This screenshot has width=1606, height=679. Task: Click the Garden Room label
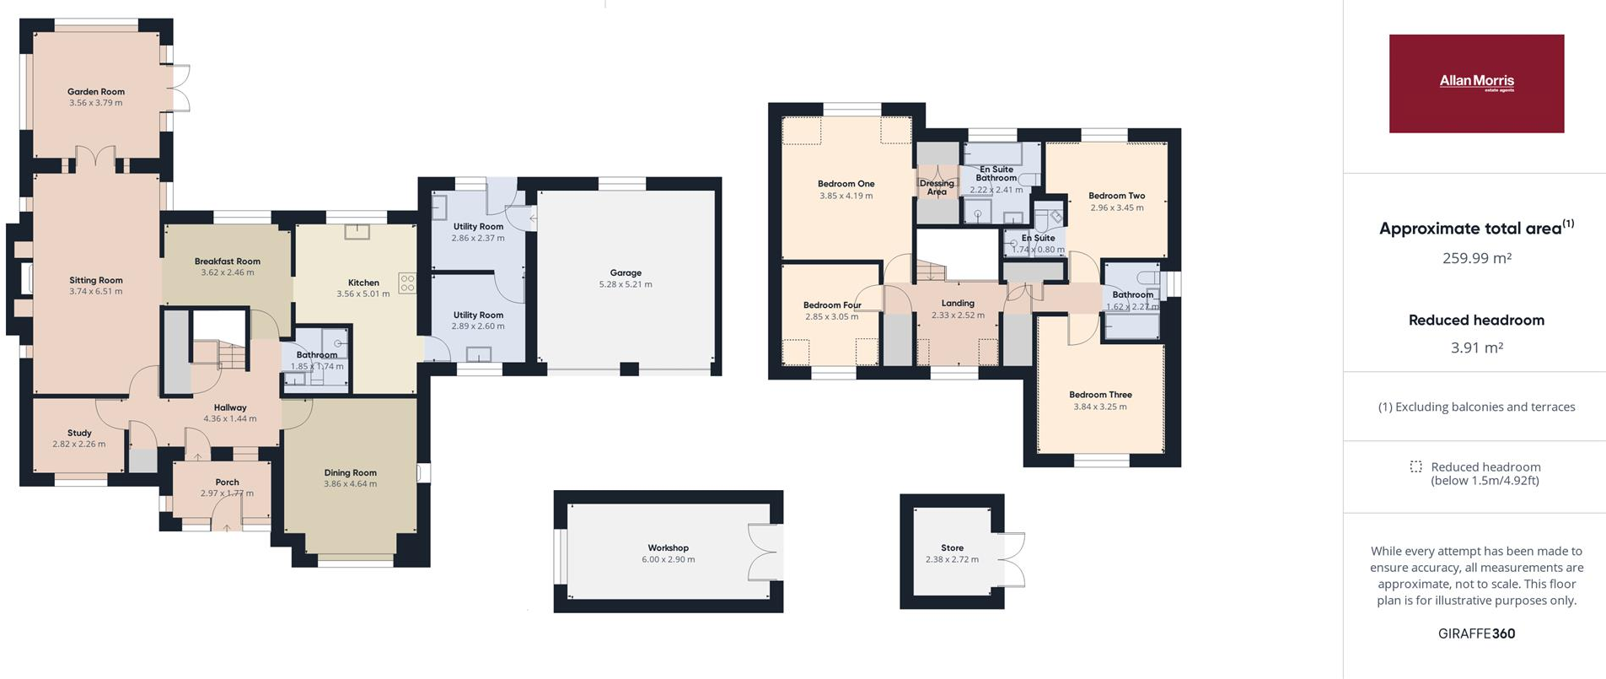[96, 92]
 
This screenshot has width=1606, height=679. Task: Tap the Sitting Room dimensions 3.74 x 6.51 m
[96, 292]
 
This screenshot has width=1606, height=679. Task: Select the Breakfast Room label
[228, 261]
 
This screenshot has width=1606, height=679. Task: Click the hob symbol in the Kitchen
[407, 283]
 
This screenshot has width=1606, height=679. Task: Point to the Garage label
[626, 273]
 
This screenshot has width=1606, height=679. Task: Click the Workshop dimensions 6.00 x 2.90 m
[669, 559]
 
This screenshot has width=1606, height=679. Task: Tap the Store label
[952, 548]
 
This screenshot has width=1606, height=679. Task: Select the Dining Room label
[351, 473]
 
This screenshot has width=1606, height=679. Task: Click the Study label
[79, 433]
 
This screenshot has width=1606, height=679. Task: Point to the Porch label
[227, 482]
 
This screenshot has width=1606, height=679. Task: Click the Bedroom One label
[846, 184]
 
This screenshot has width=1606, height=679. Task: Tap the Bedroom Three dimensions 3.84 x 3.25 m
[1100, 407]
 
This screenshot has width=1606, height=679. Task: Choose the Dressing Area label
[937, 187]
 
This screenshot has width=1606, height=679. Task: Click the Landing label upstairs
[958, 304]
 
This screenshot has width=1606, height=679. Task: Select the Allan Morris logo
[1476, 84]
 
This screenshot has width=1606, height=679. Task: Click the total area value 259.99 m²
[1476, 258]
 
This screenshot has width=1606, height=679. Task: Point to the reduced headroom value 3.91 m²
[1476, 348]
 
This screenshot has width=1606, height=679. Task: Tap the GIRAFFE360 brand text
[1476, 633]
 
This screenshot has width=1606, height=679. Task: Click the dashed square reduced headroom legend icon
[1415, 467]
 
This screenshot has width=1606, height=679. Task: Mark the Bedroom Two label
[1116, 196]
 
